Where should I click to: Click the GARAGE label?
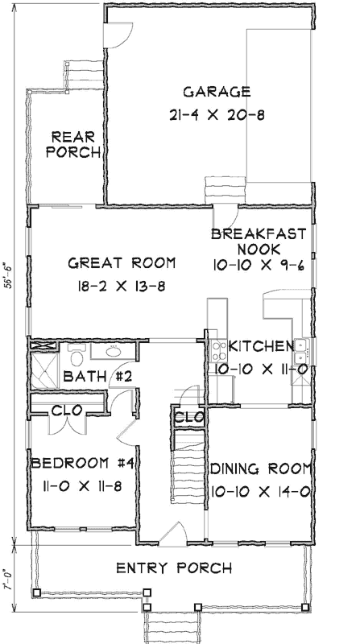pos(217,91)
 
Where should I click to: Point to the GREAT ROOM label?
pos(122,263)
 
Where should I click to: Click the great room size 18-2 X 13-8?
pos(122,286)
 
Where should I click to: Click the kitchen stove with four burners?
pos(217,350)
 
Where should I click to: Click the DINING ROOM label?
pos(260,469)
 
